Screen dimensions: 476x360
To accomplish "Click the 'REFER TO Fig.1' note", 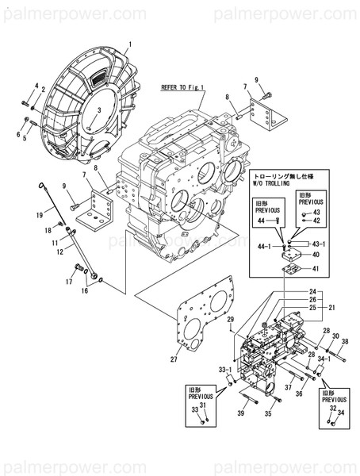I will [x=182, y=88].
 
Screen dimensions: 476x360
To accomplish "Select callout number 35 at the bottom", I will [x=268, y=413].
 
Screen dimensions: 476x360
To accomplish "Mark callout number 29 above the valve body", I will [x=231, y=319].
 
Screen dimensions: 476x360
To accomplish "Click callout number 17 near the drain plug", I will [x=69, y=282].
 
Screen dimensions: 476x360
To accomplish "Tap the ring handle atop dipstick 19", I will [x=39, y=185].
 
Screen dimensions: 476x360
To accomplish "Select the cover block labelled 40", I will [x=293, y=253].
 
